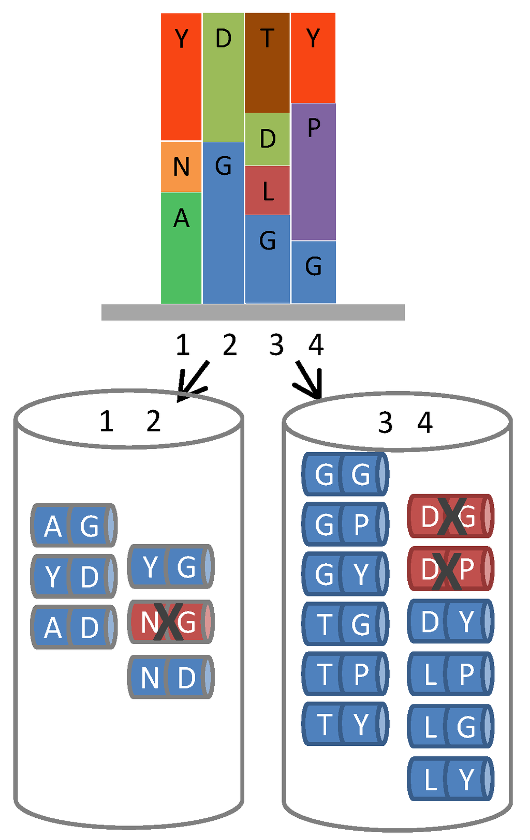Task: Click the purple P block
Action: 314,172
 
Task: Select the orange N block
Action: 181,167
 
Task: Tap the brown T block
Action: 267,63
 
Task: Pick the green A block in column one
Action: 181,248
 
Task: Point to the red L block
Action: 267,190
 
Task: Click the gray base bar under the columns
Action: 253,312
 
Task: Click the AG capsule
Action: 73,526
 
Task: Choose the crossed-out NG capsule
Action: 170,622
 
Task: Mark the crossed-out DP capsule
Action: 450,568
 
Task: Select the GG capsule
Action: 345,473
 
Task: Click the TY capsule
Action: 345,724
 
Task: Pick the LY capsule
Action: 450,778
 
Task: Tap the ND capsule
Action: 170,677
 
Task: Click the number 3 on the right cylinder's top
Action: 385,423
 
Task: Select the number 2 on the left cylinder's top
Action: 153,422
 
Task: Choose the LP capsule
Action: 450,673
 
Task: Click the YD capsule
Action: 73,576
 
